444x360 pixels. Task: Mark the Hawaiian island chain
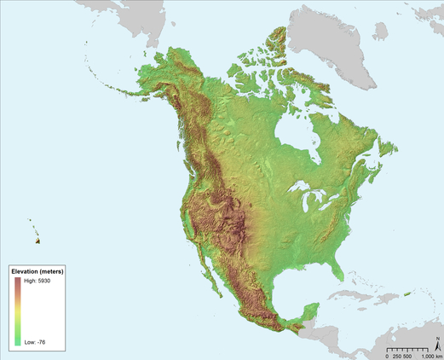[x=34, y=229]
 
